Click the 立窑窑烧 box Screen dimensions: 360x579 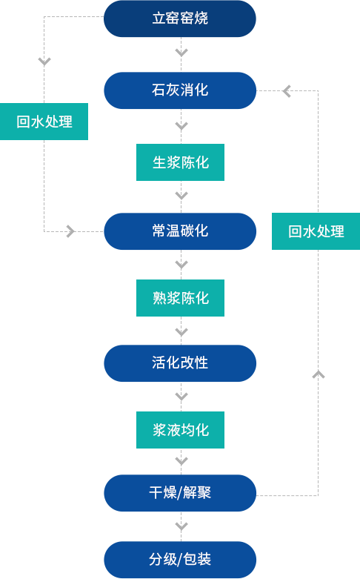[180, 19]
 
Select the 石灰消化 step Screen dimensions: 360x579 [180, 90]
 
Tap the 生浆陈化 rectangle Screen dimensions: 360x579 [180, 162]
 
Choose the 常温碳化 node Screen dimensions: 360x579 [180, 231]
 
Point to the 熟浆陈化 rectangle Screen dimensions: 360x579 [180, 298]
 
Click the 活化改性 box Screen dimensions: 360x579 [180, 363]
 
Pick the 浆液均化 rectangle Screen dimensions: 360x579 [180, 430]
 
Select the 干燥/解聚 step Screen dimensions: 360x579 [180, 493]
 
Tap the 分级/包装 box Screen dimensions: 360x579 [180, 560]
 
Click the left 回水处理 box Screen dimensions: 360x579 [44, 122]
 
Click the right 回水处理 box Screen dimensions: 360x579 [316, 231]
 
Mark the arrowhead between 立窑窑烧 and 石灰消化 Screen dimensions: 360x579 [181, 53]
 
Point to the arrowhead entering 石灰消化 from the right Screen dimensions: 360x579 [286, 91]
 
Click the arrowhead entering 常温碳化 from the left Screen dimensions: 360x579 [71, 231]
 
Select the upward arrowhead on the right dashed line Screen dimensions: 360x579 [319, 374]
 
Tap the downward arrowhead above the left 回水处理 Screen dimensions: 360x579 [44, 62]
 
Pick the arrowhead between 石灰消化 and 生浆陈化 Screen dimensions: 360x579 [181, 126]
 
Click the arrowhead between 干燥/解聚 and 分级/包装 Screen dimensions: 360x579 [181, 526]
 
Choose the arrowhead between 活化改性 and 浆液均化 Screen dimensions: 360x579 [181, 397]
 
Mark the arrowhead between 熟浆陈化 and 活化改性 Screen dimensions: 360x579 [181, 332]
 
